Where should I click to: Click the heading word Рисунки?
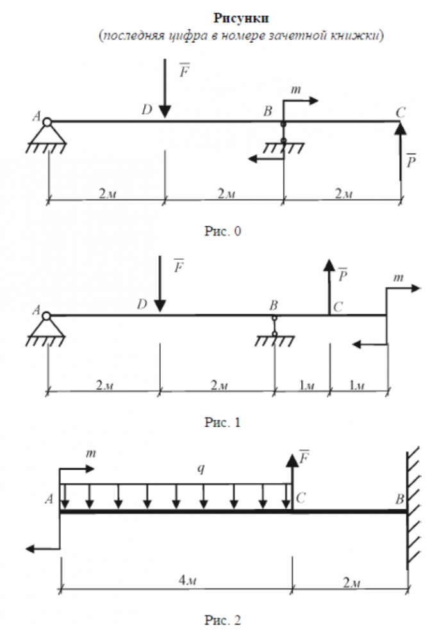[222, 19]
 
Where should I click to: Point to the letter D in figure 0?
[147, 110]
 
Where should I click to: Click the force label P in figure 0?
[411, 161]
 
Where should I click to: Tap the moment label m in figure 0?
[296, 90]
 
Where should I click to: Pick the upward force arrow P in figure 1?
[329, 285]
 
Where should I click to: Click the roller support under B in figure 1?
[274, 332]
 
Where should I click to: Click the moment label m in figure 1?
[399, 277]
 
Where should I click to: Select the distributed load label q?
[201, 470]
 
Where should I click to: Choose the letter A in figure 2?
[49, 500]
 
